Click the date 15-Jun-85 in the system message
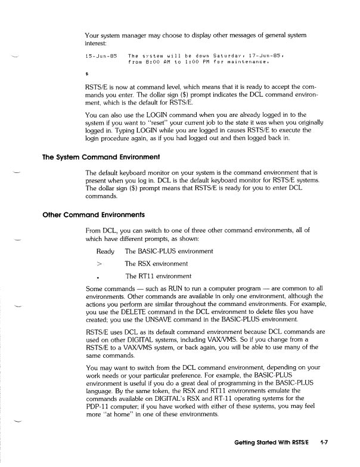[x=100, y=56]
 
